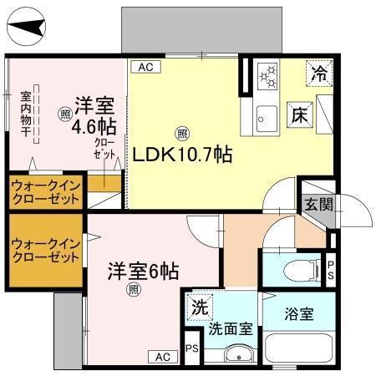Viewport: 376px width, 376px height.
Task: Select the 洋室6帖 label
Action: click(x=142, y=272)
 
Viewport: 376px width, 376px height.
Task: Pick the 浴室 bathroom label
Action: click(x=298, y=315)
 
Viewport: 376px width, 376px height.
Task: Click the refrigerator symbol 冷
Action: click(x=319, y=72)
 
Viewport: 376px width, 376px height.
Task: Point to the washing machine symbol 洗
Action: click(x=199, y=307)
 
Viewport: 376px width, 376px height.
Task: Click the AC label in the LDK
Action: click(x=145, y=66)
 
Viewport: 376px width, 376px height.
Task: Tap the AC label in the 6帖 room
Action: click(x=163, y=357)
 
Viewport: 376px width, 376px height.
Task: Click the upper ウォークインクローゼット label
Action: click(x=45, y=193)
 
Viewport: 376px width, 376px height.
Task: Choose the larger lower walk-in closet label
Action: click(x=45, y=250)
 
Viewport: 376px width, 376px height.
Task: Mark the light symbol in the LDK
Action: click(x=181, y=133)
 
